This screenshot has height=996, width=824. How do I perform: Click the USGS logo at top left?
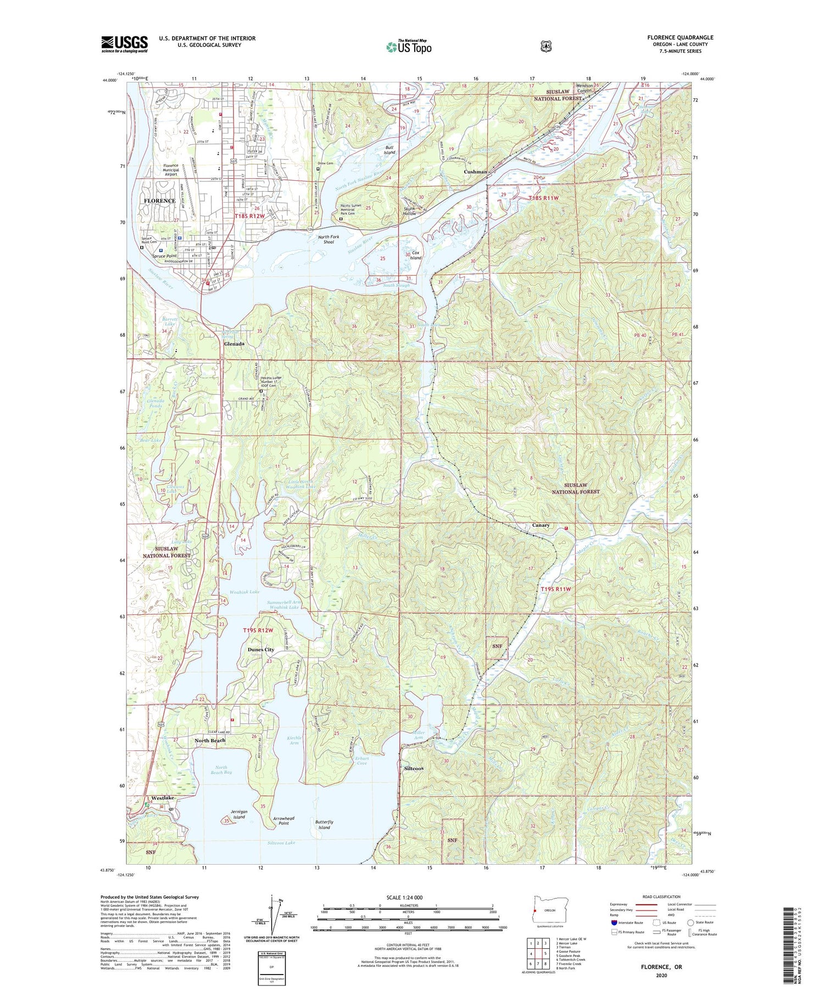tap(125, 44)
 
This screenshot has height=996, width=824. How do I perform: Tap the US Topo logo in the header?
tap(409, 47)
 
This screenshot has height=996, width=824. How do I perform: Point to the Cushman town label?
tap(475, 172)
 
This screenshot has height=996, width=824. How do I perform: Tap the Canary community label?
tap(541, 525)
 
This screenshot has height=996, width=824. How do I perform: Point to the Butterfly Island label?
tap(325, 825)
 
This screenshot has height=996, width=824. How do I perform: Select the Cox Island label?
tap(415, 255)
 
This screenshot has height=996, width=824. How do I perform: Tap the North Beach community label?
tap(210, 741)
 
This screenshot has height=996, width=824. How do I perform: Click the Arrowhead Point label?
tap(283, 821)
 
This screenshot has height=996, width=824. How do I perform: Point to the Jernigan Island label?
tap(239, 814)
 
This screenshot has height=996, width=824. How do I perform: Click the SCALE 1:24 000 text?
tap(405, 897)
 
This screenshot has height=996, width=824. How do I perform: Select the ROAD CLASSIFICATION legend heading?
tap(658, 897)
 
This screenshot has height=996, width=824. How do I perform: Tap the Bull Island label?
tap(389, 149)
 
